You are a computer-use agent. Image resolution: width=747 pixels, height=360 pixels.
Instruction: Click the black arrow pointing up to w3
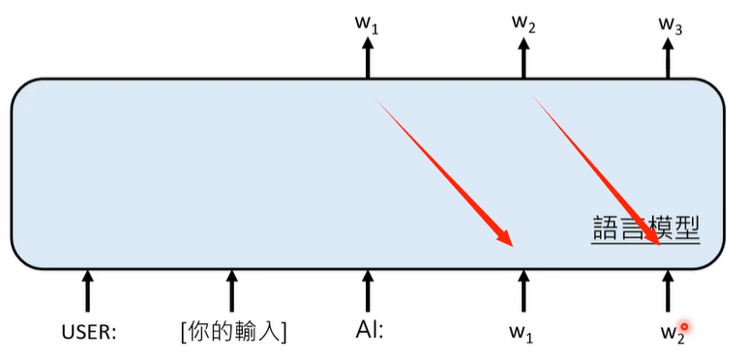click(x=668, y=60)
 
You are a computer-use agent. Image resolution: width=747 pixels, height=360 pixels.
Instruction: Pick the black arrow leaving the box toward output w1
click(x=367, y=60)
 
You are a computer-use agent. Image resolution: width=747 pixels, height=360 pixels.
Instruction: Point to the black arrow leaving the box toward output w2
click(x=523, y=60)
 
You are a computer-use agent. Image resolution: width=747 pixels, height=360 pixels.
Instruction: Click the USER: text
click(x=89, y=332)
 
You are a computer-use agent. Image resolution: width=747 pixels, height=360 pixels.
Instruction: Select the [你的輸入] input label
click(x=232, y=331)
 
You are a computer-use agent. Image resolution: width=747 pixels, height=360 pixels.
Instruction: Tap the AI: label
click(x=369, y=331)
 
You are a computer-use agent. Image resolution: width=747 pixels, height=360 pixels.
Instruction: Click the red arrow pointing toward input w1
click(x=445, y=172)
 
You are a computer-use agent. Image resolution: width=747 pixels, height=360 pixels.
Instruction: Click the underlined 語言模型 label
click(x=645, y=228)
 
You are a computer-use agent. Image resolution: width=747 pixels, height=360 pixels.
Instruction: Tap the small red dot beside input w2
click(x=683, y=326)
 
